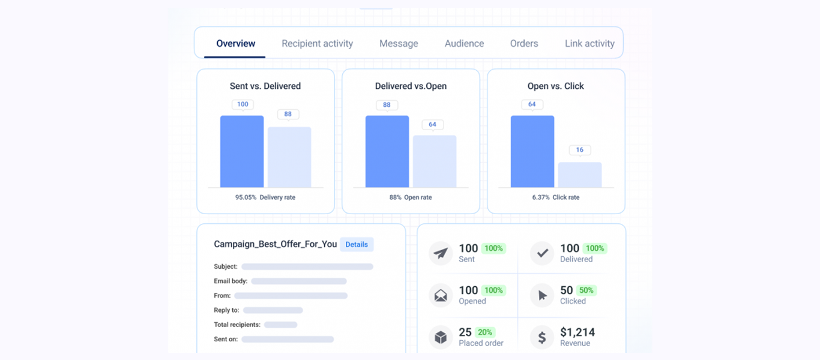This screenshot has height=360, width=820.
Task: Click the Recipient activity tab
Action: click(317, 44)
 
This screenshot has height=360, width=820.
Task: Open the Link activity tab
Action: click(589, 44)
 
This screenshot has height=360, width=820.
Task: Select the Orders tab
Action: click(524, 44)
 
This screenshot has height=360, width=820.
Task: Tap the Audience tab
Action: click(464, 44)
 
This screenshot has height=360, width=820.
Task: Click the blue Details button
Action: click(357, 244)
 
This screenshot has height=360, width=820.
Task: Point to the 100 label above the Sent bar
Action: click(243, 104)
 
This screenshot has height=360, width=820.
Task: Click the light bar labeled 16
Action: click(580, 175)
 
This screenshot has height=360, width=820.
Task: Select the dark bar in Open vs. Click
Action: click(532, 152)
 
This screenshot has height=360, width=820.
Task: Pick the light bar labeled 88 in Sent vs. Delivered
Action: click(289, 157)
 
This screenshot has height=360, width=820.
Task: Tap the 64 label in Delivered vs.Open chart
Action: click(432, 125)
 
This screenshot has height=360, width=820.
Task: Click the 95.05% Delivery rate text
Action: click(265, 197)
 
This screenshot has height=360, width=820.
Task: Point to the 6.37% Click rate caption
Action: click(556, 197)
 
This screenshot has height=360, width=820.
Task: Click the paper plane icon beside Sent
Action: click(441, 253)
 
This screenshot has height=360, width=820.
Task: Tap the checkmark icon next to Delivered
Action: click(542, 253)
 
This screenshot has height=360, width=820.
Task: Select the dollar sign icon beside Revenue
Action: click(542, 338)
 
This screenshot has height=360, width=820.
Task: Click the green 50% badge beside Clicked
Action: click(586, 290)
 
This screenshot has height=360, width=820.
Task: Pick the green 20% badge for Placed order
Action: click(484, 332)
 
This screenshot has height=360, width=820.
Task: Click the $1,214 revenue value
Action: click(577, 332)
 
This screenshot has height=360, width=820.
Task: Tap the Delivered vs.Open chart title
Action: click(411, 86)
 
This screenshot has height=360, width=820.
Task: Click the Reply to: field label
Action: click(226, 310)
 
